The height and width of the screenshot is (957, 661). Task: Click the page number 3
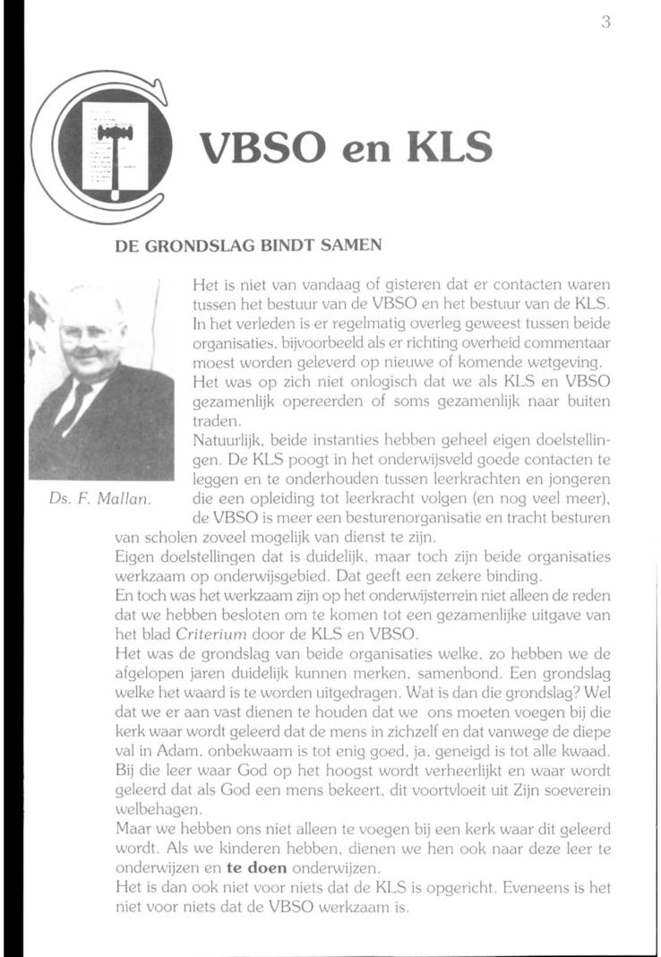605,23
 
